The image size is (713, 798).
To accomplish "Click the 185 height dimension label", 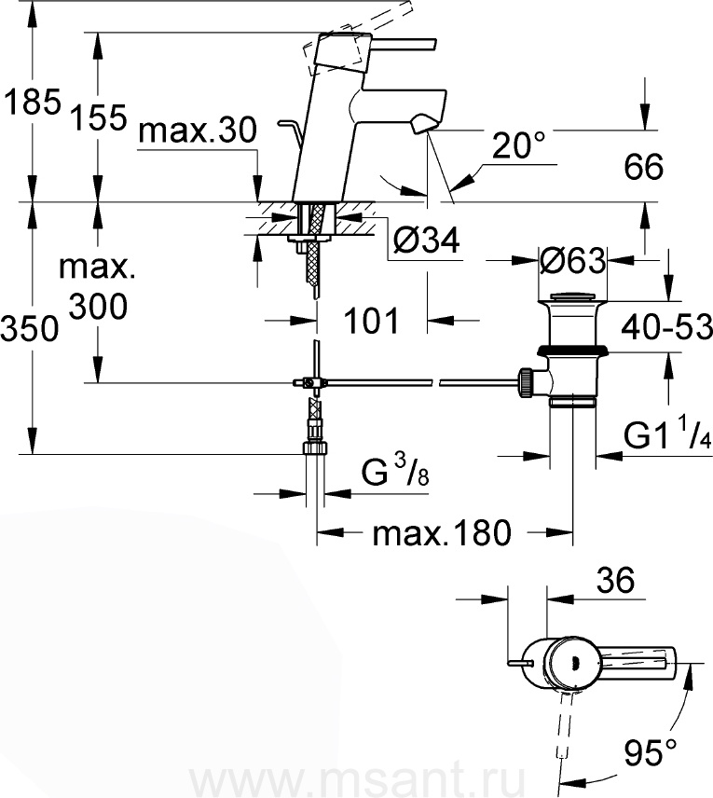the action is pyautogui.click(x=32, y=103).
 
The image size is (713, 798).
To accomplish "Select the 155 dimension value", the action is pyautogui.click(x=98, y=118).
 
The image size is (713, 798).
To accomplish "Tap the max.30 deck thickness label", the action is pyautogui.click(x=198, y=131).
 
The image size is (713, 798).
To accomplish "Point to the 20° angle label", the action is pyautogui.click(x=518, y=145).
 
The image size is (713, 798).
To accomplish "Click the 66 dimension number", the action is pyautogui.click(x=644, y=166).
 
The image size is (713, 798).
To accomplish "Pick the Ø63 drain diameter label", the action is pyautogui.click(x=572, y=261).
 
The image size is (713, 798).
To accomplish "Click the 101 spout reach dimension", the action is pyautogui.click(x=372, y=321).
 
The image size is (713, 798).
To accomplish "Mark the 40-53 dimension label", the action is pyautogui.click(x=666, y=326).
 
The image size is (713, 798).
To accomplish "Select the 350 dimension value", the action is pyautogui.click(x=30, y=328).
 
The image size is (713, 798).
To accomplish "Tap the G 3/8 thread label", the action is pyautogui.click(x=395, y=471).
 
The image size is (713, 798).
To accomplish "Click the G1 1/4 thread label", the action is pyautogui.click(x=667, y=434).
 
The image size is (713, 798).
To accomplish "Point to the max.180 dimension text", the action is pyautogui.click(x=442, y=533).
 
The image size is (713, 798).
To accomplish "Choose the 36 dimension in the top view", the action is pyautogui.click(x=616, y=580).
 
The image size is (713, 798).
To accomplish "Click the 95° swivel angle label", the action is pyautogui.click(x=651, y=751).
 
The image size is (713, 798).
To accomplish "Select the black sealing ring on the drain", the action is pyautogui.click(x=572, y=351).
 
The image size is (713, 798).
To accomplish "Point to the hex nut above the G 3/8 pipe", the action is pyautogui.click(x=314, y=447).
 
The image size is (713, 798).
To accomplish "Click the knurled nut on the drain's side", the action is pyautogui.click(x=527, y=383).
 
